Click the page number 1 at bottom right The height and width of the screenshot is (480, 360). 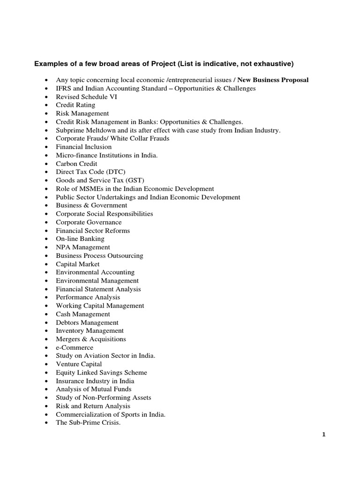click(x=323, y=435)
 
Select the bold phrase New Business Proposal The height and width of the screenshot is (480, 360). click(x=273, y=80)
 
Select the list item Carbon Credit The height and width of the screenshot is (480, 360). click(x=76, y=164)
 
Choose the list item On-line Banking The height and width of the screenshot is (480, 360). click(x=80, y=239)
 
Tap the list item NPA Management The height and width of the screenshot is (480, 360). click(x=83, y=247)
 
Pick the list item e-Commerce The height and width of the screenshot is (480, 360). click(x=75, y=347)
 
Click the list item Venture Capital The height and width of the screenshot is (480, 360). click(x=79, y=364)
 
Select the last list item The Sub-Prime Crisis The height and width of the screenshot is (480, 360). click(x=88, y=422)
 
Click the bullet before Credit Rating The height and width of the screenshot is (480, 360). click(x=46, y=105)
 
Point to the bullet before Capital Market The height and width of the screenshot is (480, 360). click(x=46, y=264)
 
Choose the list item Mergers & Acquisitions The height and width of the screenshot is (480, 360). click(x=91, y=339)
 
